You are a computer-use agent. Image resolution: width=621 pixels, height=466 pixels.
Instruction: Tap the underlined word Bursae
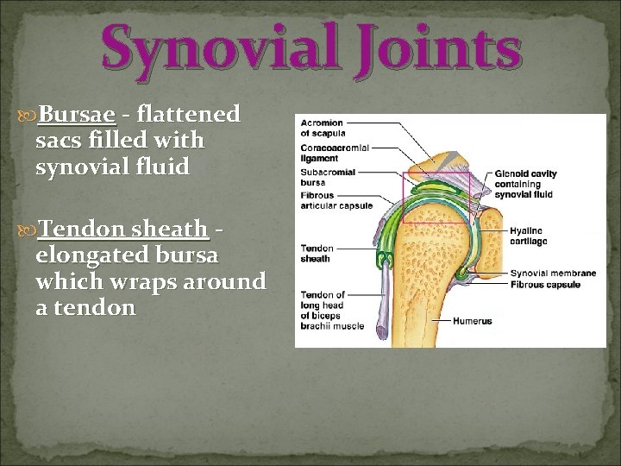[x=77, y=115]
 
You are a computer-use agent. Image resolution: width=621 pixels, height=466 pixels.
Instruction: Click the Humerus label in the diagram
[x=474, y=321]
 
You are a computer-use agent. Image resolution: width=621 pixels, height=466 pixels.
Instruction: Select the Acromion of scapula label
[x=322, y=128]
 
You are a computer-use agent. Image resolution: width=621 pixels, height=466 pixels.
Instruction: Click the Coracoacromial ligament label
[x=335, y=154]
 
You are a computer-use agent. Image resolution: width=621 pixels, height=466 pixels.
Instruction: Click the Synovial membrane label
[x=552, y=274]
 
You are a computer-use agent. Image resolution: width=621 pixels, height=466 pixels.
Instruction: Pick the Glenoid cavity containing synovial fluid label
[x=525, y=184]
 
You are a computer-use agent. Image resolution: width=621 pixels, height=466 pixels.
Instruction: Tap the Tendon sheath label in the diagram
[x=317, y=253]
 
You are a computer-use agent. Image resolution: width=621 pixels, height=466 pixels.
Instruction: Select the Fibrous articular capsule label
[x=336, y=201]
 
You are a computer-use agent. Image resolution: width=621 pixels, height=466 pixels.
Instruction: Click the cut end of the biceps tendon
[x=382, y=327]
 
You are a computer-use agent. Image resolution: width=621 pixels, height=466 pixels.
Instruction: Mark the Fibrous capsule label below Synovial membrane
[x=545, y=284]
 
